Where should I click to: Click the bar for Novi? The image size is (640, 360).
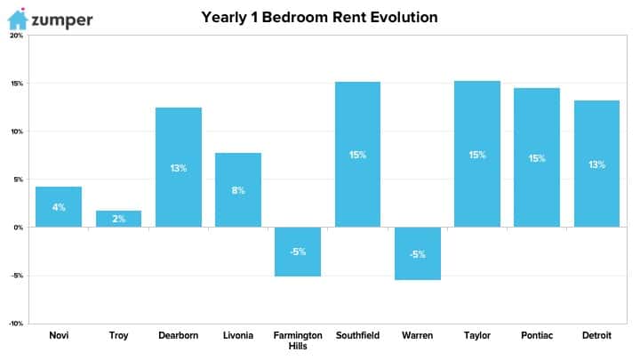[x=59, y=206]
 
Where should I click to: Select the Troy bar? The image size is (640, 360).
[x=119, y=219]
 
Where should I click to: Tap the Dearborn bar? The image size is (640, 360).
[x=179, y=167]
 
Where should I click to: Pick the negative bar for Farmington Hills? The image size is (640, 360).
[x=298, y=252]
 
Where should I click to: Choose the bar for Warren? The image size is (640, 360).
[x=418, y=253]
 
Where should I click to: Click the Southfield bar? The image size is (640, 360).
[x=357, y=155]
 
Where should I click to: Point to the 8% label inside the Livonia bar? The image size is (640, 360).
[x=238, y=190]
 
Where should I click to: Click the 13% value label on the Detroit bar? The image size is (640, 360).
[x=596, y=164]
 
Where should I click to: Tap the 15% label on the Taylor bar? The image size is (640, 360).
[x=477, y=155]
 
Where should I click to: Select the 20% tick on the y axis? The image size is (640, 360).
[x=17, y=36]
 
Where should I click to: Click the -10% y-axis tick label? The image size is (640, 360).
[x=16, y=324]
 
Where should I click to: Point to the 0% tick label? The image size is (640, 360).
[x=19, y=228]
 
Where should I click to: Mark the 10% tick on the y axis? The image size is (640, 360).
[x=17, y=132]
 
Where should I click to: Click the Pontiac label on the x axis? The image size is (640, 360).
[x=537, y=335]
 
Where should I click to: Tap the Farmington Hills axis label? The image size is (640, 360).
[x=298, y=340]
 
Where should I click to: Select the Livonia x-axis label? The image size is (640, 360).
[x=238, y=335]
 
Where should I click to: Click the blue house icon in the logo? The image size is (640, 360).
[x=18, y=20]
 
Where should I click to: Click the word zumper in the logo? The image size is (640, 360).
[x=62, y=20]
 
